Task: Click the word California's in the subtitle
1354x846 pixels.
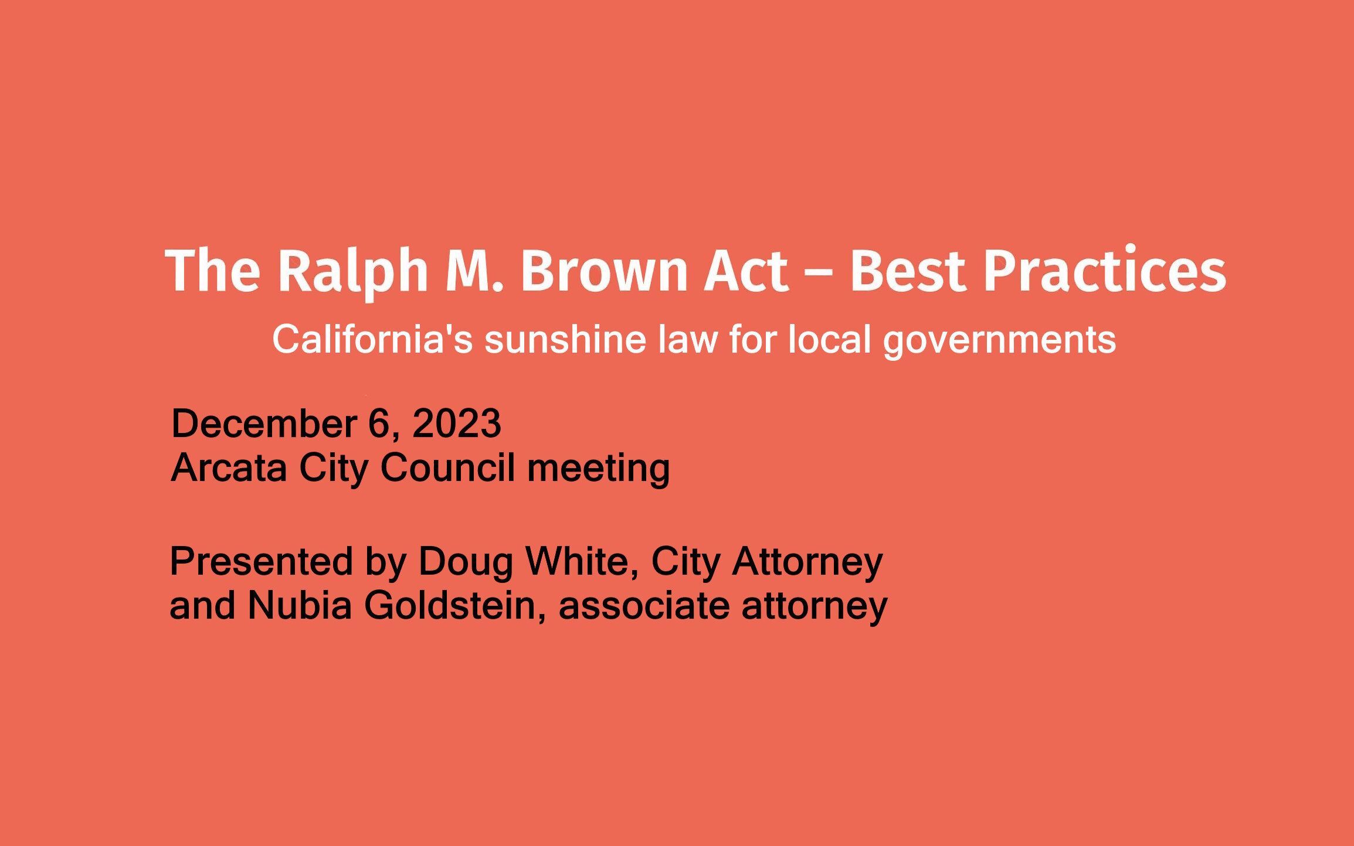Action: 372,340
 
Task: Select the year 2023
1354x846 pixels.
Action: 457,424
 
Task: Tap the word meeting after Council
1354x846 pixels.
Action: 598,469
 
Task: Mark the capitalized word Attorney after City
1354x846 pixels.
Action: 807,562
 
